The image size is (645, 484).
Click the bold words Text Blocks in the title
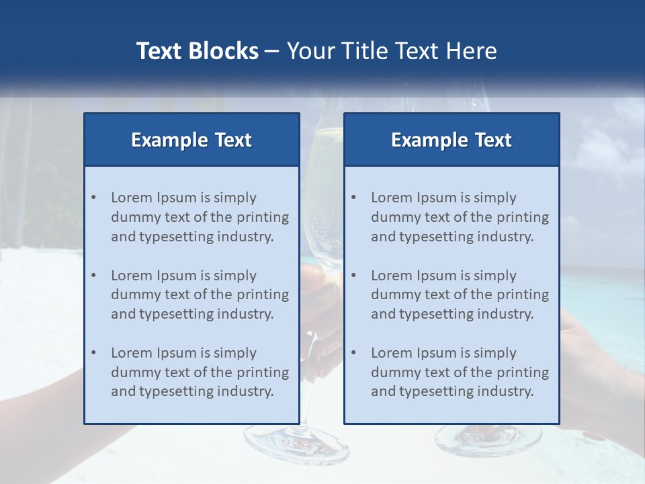point(197,51)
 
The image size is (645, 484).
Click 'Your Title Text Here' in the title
point(392,51)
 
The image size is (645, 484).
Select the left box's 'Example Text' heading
point(191,140)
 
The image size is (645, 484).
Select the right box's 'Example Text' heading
point(451,140)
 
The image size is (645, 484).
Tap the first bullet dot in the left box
point(93,198)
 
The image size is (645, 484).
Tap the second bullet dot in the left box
point(93,276)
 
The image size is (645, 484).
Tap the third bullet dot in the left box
point(93,353)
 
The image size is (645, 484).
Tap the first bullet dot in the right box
point(353,198)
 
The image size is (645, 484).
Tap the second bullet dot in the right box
point(353,276)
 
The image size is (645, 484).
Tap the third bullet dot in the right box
point(353,353)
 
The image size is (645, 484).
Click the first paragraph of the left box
point(200,217)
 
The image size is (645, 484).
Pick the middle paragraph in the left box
point(200,294)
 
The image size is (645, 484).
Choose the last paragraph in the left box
point(200,372)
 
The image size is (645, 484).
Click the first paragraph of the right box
point(460,217)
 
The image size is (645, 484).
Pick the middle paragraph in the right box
point(460,294)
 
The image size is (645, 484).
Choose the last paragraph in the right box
point(460,372)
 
